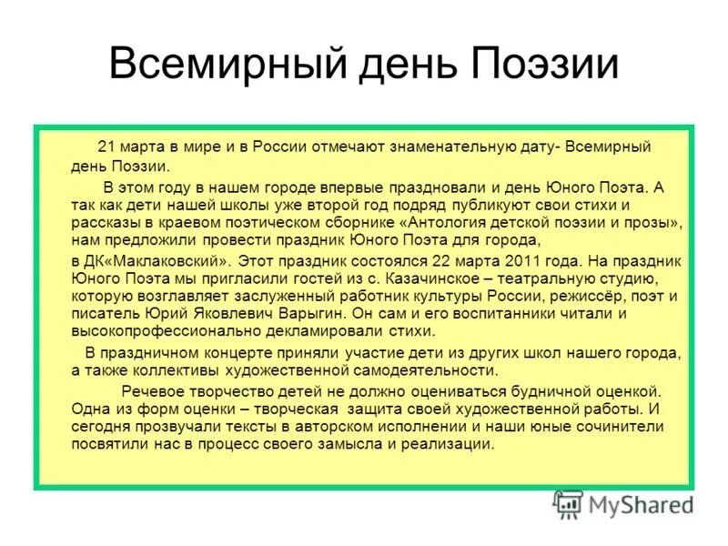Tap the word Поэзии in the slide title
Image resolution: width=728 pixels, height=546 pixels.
pyautogui.click(x=545, y=66)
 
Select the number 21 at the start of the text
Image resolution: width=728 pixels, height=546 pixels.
pyautogui.click(x=106, y=146)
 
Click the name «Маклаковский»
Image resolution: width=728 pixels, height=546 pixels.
pyautogui.click(x=156, y=259)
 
